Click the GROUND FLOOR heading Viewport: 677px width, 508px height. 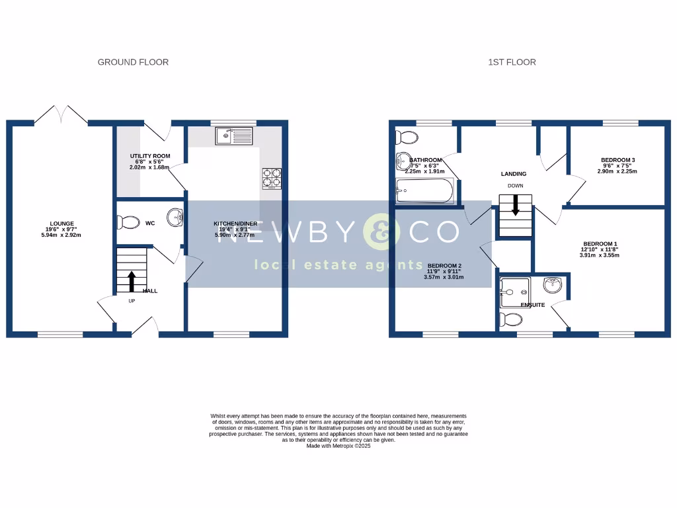point(133,62)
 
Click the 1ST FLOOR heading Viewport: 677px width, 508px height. point(512,62)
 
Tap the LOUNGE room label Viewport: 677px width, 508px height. point(61,224)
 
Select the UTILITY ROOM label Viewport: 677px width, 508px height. point(149,156)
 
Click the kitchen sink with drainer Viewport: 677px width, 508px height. point(233,136)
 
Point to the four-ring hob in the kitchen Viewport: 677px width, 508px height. point(272,179)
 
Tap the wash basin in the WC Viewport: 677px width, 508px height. point(175,216)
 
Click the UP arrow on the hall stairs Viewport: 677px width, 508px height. point(131,281)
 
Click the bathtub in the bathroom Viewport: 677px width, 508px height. point(424,192)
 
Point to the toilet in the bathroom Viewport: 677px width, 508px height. point(406,138)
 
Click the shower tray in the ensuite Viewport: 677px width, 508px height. point(515,287)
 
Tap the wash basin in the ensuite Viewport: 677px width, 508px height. point(552,285)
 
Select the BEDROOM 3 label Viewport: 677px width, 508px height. point(617,160)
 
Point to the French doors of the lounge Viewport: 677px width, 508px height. point(60,115)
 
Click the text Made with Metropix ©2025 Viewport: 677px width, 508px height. point(338,446)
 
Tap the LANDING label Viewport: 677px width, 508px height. point(513,174)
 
